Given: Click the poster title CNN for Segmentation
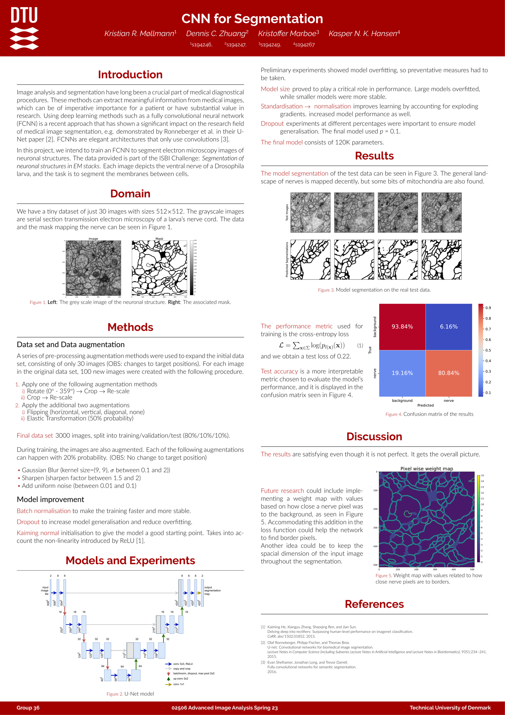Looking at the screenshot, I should tap(252, 19).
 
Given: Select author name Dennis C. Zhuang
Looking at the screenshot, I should tap(217, 34).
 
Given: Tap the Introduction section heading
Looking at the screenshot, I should tap(130, 74).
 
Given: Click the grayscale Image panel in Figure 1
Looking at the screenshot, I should tap(93, 268).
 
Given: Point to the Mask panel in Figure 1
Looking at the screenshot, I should tap(160, 268).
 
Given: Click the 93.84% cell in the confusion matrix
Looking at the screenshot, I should tap(402, 327).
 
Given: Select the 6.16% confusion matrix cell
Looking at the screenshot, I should tap(449, 327).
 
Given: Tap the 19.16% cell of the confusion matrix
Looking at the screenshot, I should tap(402, 373).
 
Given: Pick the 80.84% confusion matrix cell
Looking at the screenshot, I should tap(449, 373).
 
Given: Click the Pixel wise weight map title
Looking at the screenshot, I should tap(427, 469).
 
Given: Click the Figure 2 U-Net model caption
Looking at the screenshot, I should tap(131, 694).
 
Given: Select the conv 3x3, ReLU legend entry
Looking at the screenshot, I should tap(183, 664).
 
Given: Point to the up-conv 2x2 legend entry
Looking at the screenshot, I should tap(181, 679).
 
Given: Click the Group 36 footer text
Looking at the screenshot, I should tap(28, 708).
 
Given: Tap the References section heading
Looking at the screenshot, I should tap(374, 604).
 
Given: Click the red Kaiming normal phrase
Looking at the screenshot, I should tap(38, 533).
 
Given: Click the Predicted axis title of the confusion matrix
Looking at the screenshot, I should tap(425, 405).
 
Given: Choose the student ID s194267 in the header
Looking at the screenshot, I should tap(304, 45).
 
